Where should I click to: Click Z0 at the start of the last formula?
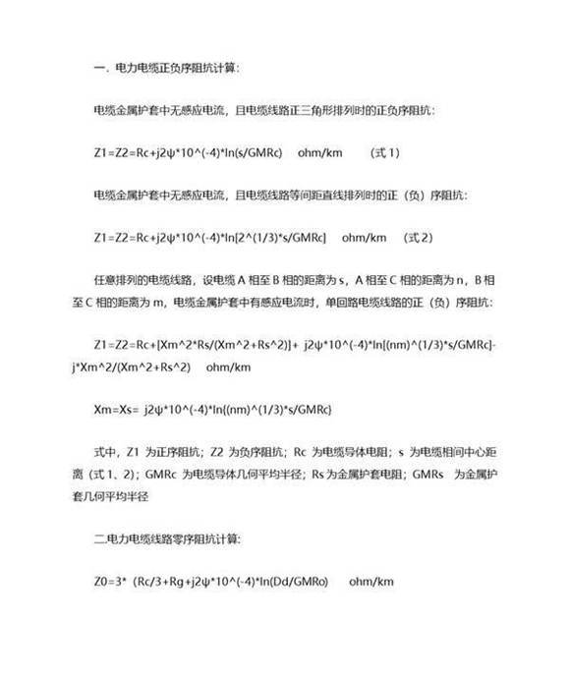click(x=99, y=582)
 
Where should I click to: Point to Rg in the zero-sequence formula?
click(x=177, y=582)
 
